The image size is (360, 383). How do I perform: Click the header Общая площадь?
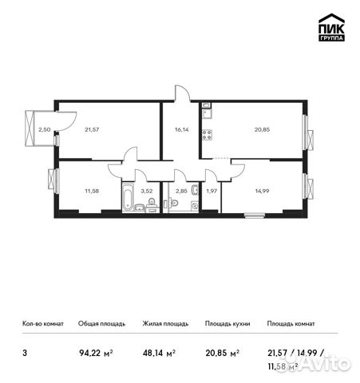101,324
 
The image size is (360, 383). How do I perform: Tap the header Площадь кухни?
227,324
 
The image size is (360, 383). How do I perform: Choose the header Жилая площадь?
165,324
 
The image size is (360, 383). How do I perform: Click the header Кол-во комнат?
42,324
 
